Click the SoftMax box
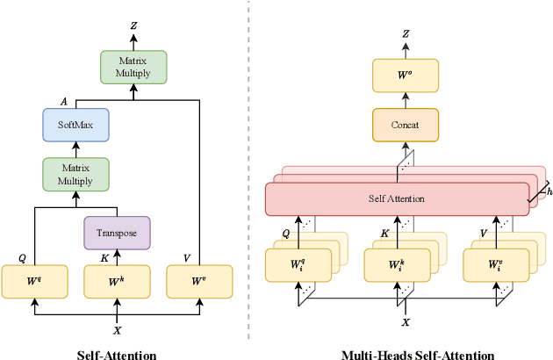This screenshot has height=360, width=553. pyautogui.click(x=75, y=126)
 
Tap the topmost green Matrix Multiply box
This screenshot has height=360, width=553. pyautogui.click(x=133, y=67)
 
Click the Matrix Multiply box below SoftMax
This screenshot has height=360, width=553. pyautogui.click(x=75, y=175)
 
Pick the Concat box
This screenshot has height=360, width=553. pyautogui.click(x=405, y=126)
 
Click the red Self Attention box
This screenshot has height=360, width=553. pyautogui.click(x=396, y=198)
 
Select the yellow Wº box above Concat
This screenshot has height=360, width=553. pyautogui.click(x=405, y=76)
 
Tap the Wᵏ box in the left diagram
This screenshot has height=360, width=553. pyautogui.click(x=117, y=282)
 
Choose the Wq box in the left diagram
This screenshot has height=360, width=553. pyautogui.click(x=34, y=282)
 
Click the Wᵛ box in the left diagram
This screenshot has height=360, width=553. pyautogui.click(x=199, y=282)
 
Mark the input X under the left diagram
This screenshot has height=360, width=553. pyautogui.click(x=118, y=330)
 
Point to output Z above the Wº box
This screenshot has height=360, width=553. pyautogui.click(x=406, y=34)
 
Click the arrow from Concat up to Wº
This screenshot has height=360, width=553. pyautogui.click(x=405, y=101)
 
